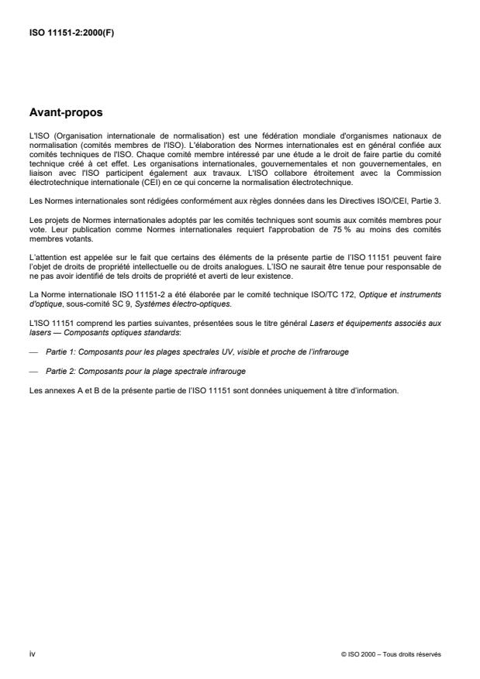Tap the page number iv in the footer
pos(31,653)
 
